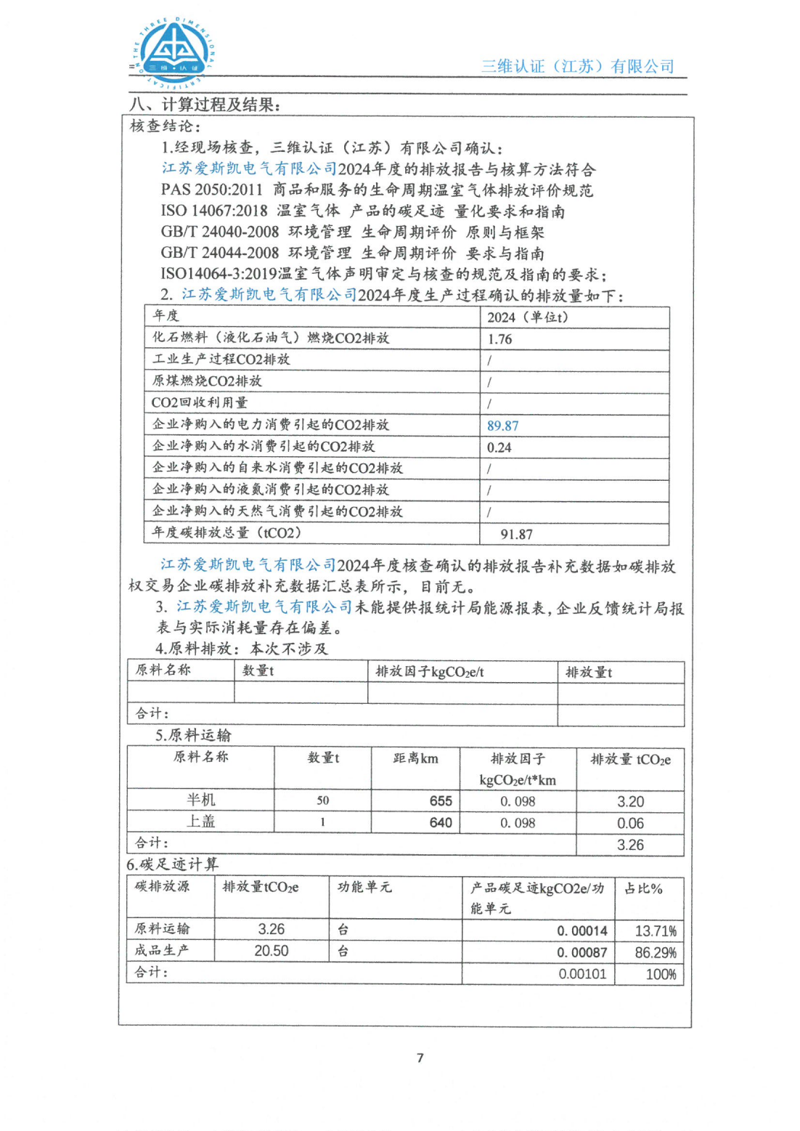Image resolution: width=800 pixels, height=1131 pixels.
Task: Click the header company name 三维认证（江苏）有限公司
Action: pos(577,66)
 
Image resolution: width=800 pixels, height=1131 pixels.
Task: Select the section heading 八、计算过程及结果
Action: pos(205,105)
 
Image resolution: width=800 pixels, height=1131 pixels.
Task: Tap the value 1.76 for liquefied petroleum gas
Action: pos(499,339)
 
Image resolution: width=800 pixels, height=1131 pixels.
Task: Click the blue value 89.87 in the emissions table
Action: pos(502,426)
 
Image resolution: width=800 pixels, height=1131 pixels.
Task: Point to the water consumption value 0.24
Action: pos(499,447)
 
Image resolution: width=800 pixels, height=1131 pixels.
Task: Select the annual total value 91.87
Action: pos(516,534)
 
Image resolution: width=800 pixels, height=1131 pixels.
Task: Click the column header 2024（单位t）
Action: pos(527,317)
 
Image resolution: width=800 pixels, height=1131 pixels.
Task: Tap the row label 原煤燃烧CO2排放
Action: pos(207,381)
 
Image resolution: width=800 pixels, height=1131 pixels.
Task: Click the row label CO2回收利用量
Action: pos(200,402)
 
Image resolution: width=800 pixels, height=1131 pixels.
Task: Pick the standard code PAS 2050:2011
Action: pos(211,190)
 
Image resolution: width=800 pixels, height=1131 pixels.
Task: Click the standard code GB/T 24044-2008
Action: pos(219,253)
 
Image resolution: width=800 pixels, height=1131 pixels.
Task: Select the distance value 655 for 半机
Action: pos(441,800)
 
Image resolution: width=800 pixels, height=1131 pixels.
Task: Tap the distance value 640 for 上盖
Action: pos(441,822)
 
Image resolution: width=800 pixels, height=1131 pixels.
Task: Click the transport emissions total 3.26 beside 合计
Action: pos(630,845)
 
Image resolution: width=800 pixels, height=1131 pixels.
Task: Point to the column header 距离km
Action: pos(415,758)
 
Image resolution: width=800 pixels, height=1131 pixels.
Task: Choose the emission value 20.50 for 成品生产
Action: pos(272,950)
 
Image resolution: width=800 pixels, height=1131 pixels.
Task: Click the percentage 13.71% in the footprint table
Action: pos(656,931)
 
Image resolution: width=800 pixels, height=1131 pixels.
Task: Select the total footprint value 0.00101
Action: pos(582,973)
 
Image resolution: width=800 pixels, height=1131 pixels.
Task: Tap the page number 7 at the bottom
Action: pos(420,1058)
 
